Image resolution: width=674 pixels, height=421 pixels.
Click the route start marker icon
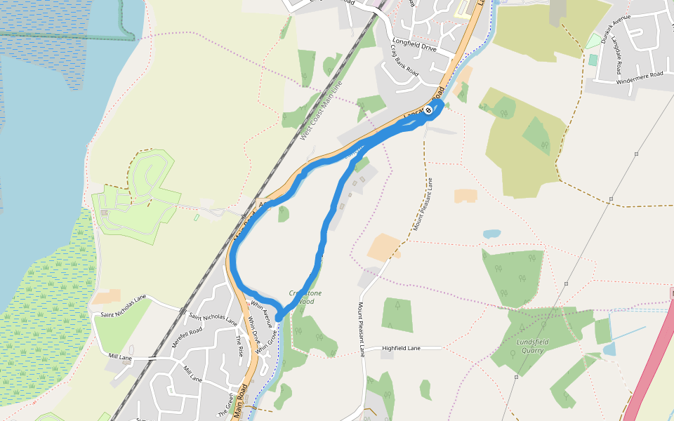pyautogui.click(x=428, y=110)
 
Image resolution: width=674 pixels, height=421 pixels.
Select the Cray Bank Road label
pyautogui.click(x=404, y=61)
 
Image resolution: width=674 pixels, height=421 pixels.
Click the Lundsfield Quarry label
pyautogui.click(x=532, y=346)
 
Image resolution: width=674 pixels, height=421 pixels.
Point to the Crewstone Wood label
pyautogui.click(x=305, y=297)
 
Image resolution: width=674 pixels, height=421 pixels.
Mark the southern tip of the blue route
pyautogui.click(x=279, y=318)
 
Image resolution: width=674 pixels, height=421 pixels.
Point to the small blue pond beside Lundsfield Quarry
pyautogui.click(x=608, y=349)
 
